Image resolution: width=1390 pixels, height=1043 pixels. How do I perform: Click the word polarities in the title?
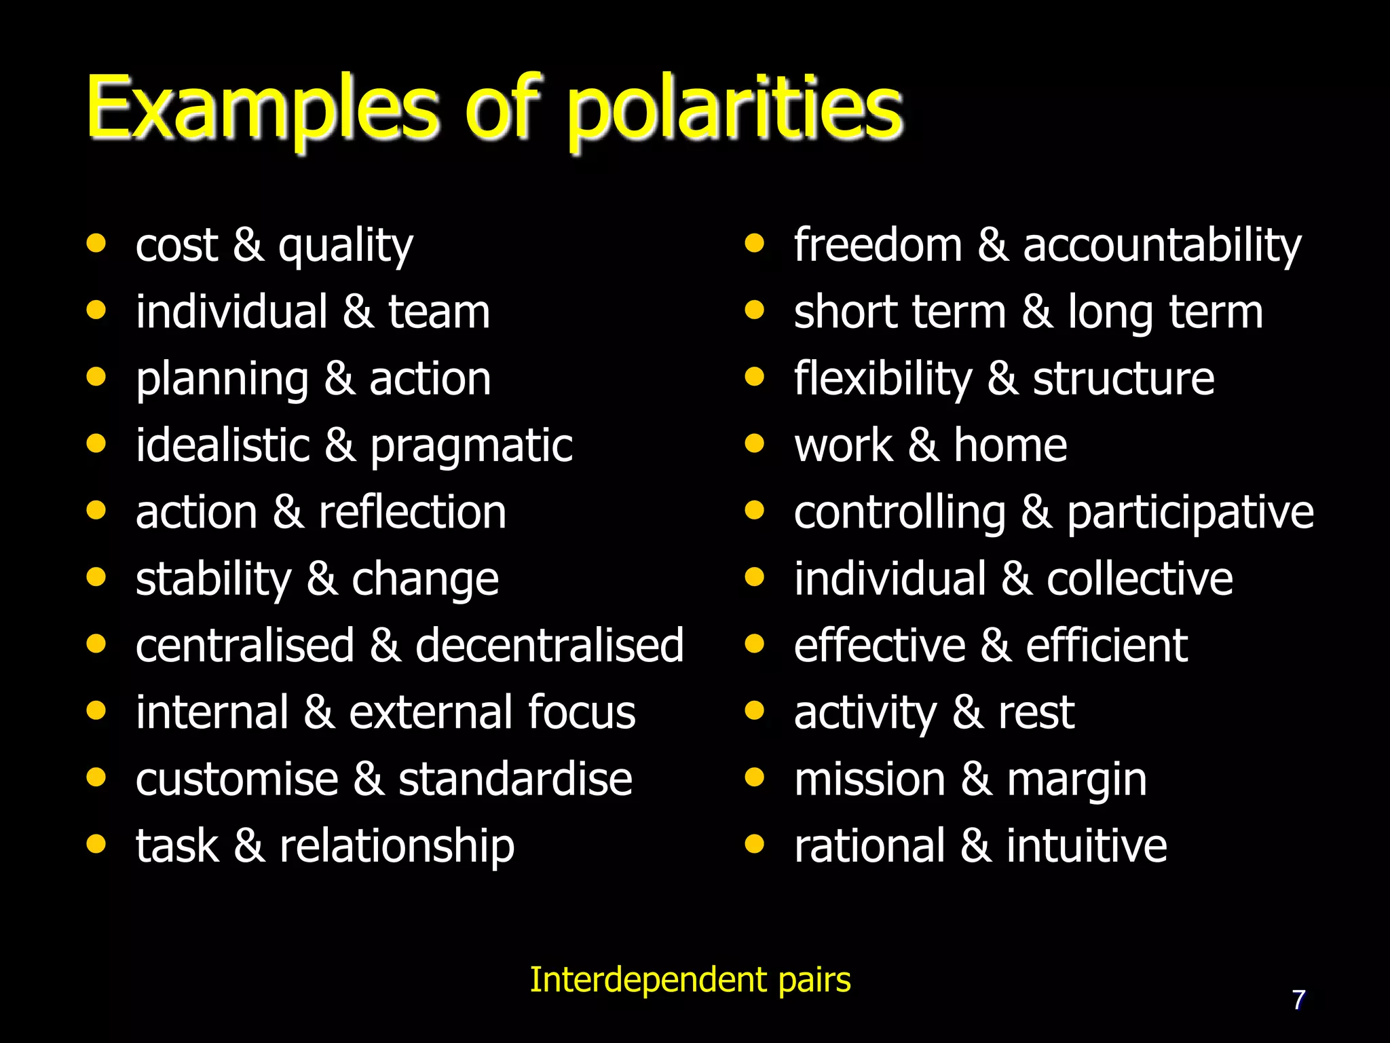(x=734, y=109)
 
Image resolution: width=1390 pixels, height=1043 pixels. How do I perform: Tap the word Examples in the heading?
(x=263, y=109)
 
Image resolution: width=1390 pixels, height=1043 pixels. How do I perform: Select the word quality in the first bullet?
(x=345, y=246)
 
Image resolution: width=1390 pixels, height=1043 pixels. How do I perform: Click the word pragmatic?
(x=471, y=447)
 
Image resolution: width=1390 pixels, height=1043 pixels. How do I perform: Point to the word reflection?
(x=412, y=513)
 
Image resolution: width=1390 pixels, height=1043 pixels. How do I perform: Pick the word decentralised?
(x=549, y=646)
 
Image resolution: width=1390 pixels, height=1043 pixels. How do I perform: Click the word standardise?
(x=515, y=780)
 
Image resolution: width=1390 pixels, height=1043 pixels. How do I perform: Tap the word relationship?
(x=397, y=847)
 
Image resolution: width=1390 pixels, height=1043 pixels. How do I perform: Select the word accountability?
(x=1162, y=246)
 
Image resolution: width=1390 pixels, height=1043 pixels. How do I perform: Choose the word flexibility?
(x=883, y=380)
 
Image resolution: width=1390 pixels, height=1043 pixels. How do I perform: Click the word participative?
(x=1190, y=513)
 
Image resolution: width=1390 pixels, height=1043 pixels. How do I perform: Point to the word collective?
(x=1140, y=579)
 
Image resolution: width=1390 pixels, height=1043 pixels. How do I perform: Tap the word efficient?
(x=1106, y=646)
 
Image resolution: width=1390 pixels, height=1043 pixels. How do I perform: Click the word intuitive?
(x=1087, y=847)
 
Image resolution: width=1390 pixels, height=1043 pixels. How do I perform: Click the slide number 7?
(x=1298, y=1000)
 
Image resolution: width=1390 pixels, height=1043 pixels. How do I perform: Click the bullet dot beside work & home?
(x=754, y=444)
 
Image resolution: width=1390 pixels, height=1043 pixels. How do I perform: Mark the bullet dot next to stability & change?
(x=96, y=578)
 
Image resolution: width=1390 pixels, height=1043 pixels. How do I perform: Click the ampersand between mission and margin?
(x=976, y=780)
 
